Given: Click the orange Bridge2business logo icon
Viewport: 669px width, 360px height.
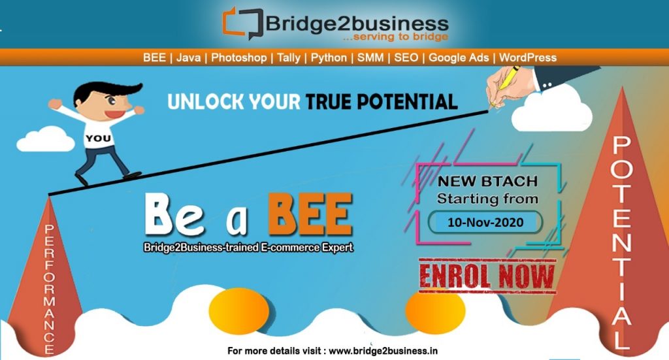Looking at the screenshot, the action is (242, 23).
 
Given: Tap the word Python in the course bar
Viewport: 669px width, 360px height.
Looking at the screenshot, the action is (329, 57).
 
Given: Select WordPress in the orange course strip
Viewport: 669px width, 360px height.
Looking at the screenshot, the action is (528, 57).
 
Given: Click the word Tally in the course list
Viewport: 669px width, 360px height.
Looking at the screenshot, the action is (288, 57).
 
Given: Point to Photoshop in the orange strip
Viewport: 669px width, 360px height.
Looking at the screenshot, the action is (239, 57).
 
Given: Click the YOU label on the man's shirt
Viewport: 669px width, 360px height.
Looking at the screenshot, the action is (98, 139).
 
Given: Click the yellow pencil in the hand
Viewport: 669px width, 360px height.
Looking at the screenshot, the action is (506, 80).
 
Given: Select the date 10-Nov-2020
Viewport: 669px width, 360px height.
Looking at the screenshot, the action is (485, 222).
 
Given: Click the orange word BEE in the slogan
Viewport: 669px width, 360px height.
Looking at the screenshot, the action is (310, 214).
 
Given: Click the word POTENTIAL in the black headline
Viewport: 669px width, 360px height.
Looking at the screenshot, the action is (408, 102).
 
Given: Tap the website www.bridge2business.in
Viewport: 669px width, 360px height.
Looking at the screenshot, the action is (383, 351).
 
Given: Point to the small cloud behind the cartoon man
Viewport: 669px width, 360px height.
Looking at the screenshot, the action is (46, 139).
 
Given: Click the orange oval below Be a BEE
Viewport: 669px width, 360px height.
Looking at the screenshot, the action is (239, 310).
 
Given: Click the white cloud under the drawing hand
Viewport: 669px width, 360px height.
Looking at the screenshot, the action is (551, 111).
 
